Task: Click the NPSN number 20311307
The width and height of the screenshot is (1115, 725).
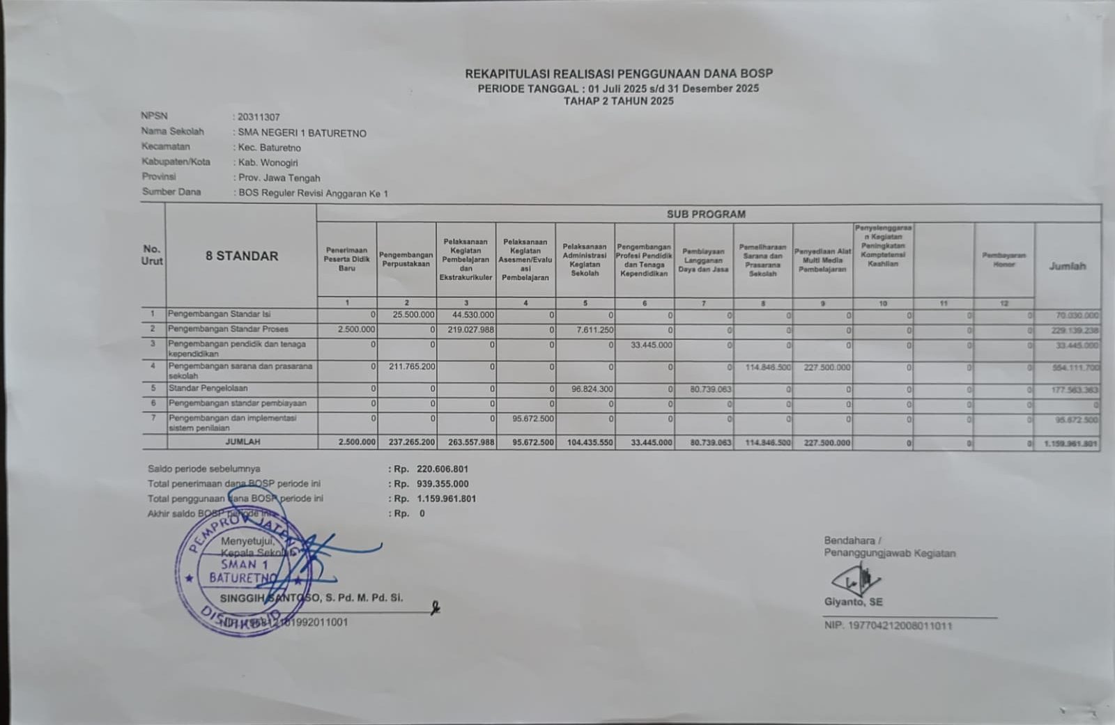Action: point(259,117)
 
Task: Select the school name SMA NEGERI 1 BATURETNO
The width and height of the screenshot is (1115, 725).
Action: point(302,133)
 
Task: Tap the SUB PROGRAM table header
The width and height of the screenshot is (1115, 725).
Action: point(706,214)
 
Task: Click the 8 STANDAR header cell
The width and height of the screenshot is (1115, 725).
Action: point(241,256)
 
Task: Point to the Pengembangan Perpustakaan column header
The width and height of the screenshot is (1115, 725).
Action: point(406,259)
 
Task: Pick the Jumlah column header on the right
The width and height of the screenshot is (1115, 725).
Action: point(1067,266)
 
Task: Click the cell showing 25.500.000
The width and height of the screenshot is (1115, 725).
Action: point(413,315)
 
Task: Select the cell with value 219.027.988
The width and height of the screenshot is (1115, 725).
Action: point(471,329)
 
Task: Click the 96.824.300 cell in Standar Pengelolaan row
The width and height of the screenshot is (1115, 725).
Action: point(592,389)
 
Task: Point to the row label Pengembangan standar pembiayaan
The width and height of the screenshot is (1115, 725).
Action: point(237,403)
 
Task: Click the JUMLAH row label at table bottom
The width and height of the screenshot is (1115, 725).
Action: point(243,442)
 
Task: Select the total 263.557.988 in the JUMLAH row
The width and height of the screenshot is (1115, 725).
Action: point(471,442)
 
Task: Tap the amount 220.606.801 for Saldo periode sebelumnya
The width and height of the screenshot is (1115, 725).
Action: point(443,469)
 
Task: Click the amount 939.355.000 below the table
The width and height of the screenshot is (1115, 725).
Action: point(443,483)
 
